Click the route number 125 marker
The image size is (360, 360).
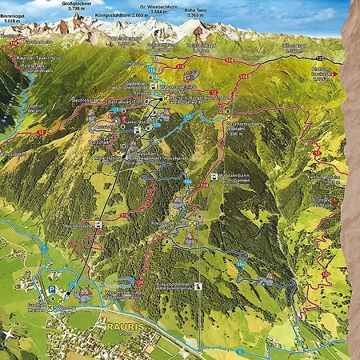point(319,60)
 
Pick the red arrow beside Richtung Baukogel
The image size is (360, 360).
point(336,73)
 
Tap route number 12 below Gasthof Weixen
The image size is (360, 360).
point(40,131)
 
